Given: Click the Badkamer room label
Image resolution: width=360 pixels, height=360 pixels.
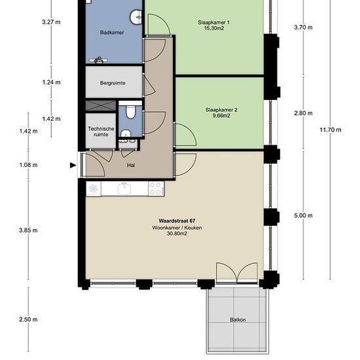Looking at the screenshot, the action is click(x=112, y=33).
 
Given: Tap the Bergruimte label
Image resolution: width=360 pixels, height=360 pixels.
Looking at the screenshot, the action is click(x=113, y=83).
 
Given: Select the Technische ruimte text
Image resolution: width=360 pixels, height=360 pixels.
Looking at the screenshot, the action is click(x=101, y=132).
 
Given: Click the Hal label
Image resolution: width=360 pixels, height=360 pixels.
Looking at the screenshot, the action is click(x=131, y=165).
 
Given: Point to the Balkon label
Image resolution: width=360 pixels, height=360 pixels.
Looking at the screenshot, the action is click(x=238, y=319).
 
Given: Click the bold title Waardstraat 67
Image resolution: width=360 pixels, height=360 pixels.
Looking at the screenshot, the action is click(x=177, y=221).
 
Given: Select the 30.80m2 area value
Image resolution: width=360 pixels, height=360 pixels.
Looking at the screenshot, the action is click(x=177, y=234).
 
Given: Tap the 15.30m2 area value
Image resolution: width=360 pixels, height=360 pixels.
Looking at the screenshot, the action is click(x=214, y=28).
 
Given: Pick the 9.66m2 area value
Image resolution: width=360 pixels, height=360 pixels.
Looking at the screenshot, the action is click(x=221, y=116).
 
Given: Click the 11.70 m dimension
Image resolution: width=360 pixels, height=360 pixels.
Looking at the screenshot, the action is click(x=331, y=130).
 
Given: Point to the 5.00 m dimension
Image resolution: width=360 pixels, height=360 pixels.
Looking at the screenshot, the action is click(x=303, y=215).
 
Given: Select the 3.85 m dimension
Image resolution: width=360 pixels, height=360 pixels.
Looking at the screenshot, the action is click(x=28, y=230).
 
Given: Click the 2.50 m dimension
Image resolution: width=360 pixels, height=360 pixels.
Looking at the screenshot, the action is click(x=28, y=319).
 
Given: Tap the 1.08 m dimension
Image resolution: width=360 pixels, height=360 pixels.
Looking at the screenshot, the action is click(x=28, y=165).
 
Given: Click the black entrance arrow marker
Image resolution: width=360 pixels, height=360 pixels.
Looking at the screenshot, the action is click(x=73, y=165).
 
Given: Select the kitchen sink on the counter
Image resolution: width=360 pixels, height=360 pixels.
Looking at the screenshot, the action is click(x=124, y=189).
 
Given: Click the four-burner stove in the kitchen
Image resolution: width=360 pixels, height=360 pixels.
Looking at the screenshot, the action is click(x=156, y=189).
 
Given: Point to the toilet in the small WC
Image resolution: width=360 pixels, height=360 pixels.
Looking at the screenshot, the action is click(x=131, y=112).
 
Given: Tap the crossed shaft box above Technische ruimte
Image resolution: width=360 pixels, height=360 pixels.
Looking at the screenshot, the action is click(x=101, y=106).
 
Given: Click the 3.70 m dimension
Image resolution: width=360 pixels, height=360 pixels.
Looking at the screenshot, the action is click(x=303, y=27).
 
